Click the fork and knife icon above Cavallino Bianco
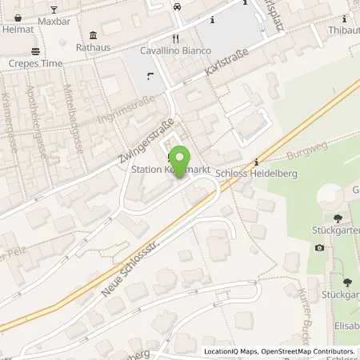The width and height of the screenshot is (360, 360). pos(174,38)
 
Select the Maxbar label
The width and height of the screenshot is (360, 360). pos(54,21)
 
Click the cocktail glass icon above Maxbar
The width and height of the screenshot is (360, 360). pos(54,10)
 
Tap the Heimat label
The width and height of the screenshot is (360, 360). pos(18,29)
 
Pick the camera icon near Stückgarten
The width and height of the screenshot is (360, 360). pos(320,247)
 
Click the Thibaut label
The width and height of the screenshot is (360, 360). pos(343,29)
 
